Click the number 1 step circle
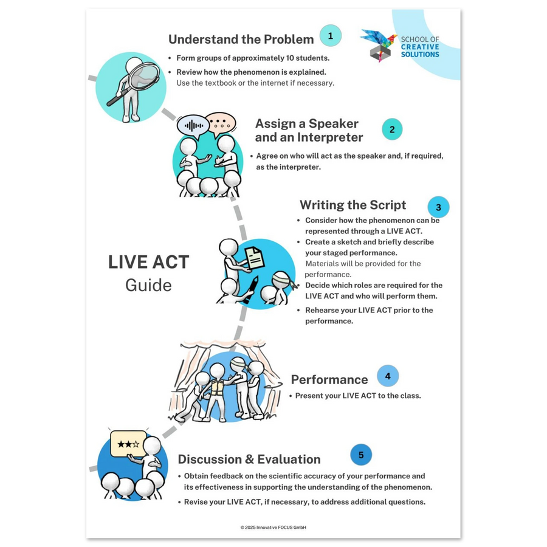point(330,36)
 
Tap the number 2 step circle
point(392,129)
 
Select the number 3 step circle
point(438,207)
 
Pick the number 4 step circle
point(388,376)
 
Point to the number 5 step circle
point(361,455)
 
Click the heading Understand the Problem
point(241,40)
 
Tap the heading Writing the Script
point(353,205)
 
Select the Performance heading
point(329,379)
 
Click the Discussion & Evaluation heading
point(249,459)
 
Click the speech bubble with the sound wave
point(193,126)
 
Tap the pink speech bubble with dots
point(221,123)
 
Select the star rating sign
point(128,444)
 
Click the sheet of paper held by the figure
point(254,258)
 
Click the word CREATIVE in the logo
point(420,47)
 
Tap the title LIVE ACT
point(149,262)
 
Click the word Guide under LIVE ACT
point(149,286)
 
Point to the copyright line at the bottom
point(273,528)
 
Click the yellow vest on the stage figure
point(217,387)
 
